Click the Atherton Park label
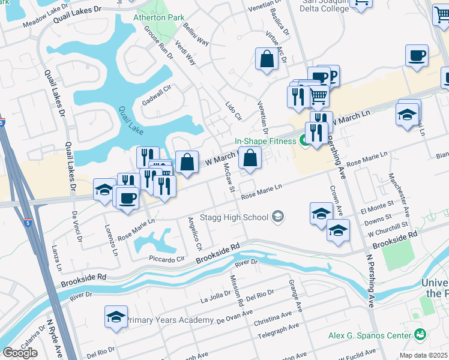click(159, 17)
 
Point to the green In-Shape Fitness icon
click(306, 142)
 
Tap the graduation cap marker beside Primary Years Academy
click(116, 317)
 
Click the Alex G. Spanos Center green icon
click(420, 334)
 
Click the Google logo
click(20, 353)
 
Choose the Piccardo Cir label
click(167, 259)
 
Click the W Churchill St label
click(388, 231)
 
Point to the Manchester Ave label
click(399, 195)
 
